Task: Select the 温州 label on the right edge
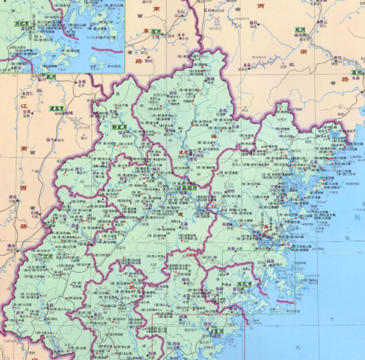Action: [356, 72]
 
